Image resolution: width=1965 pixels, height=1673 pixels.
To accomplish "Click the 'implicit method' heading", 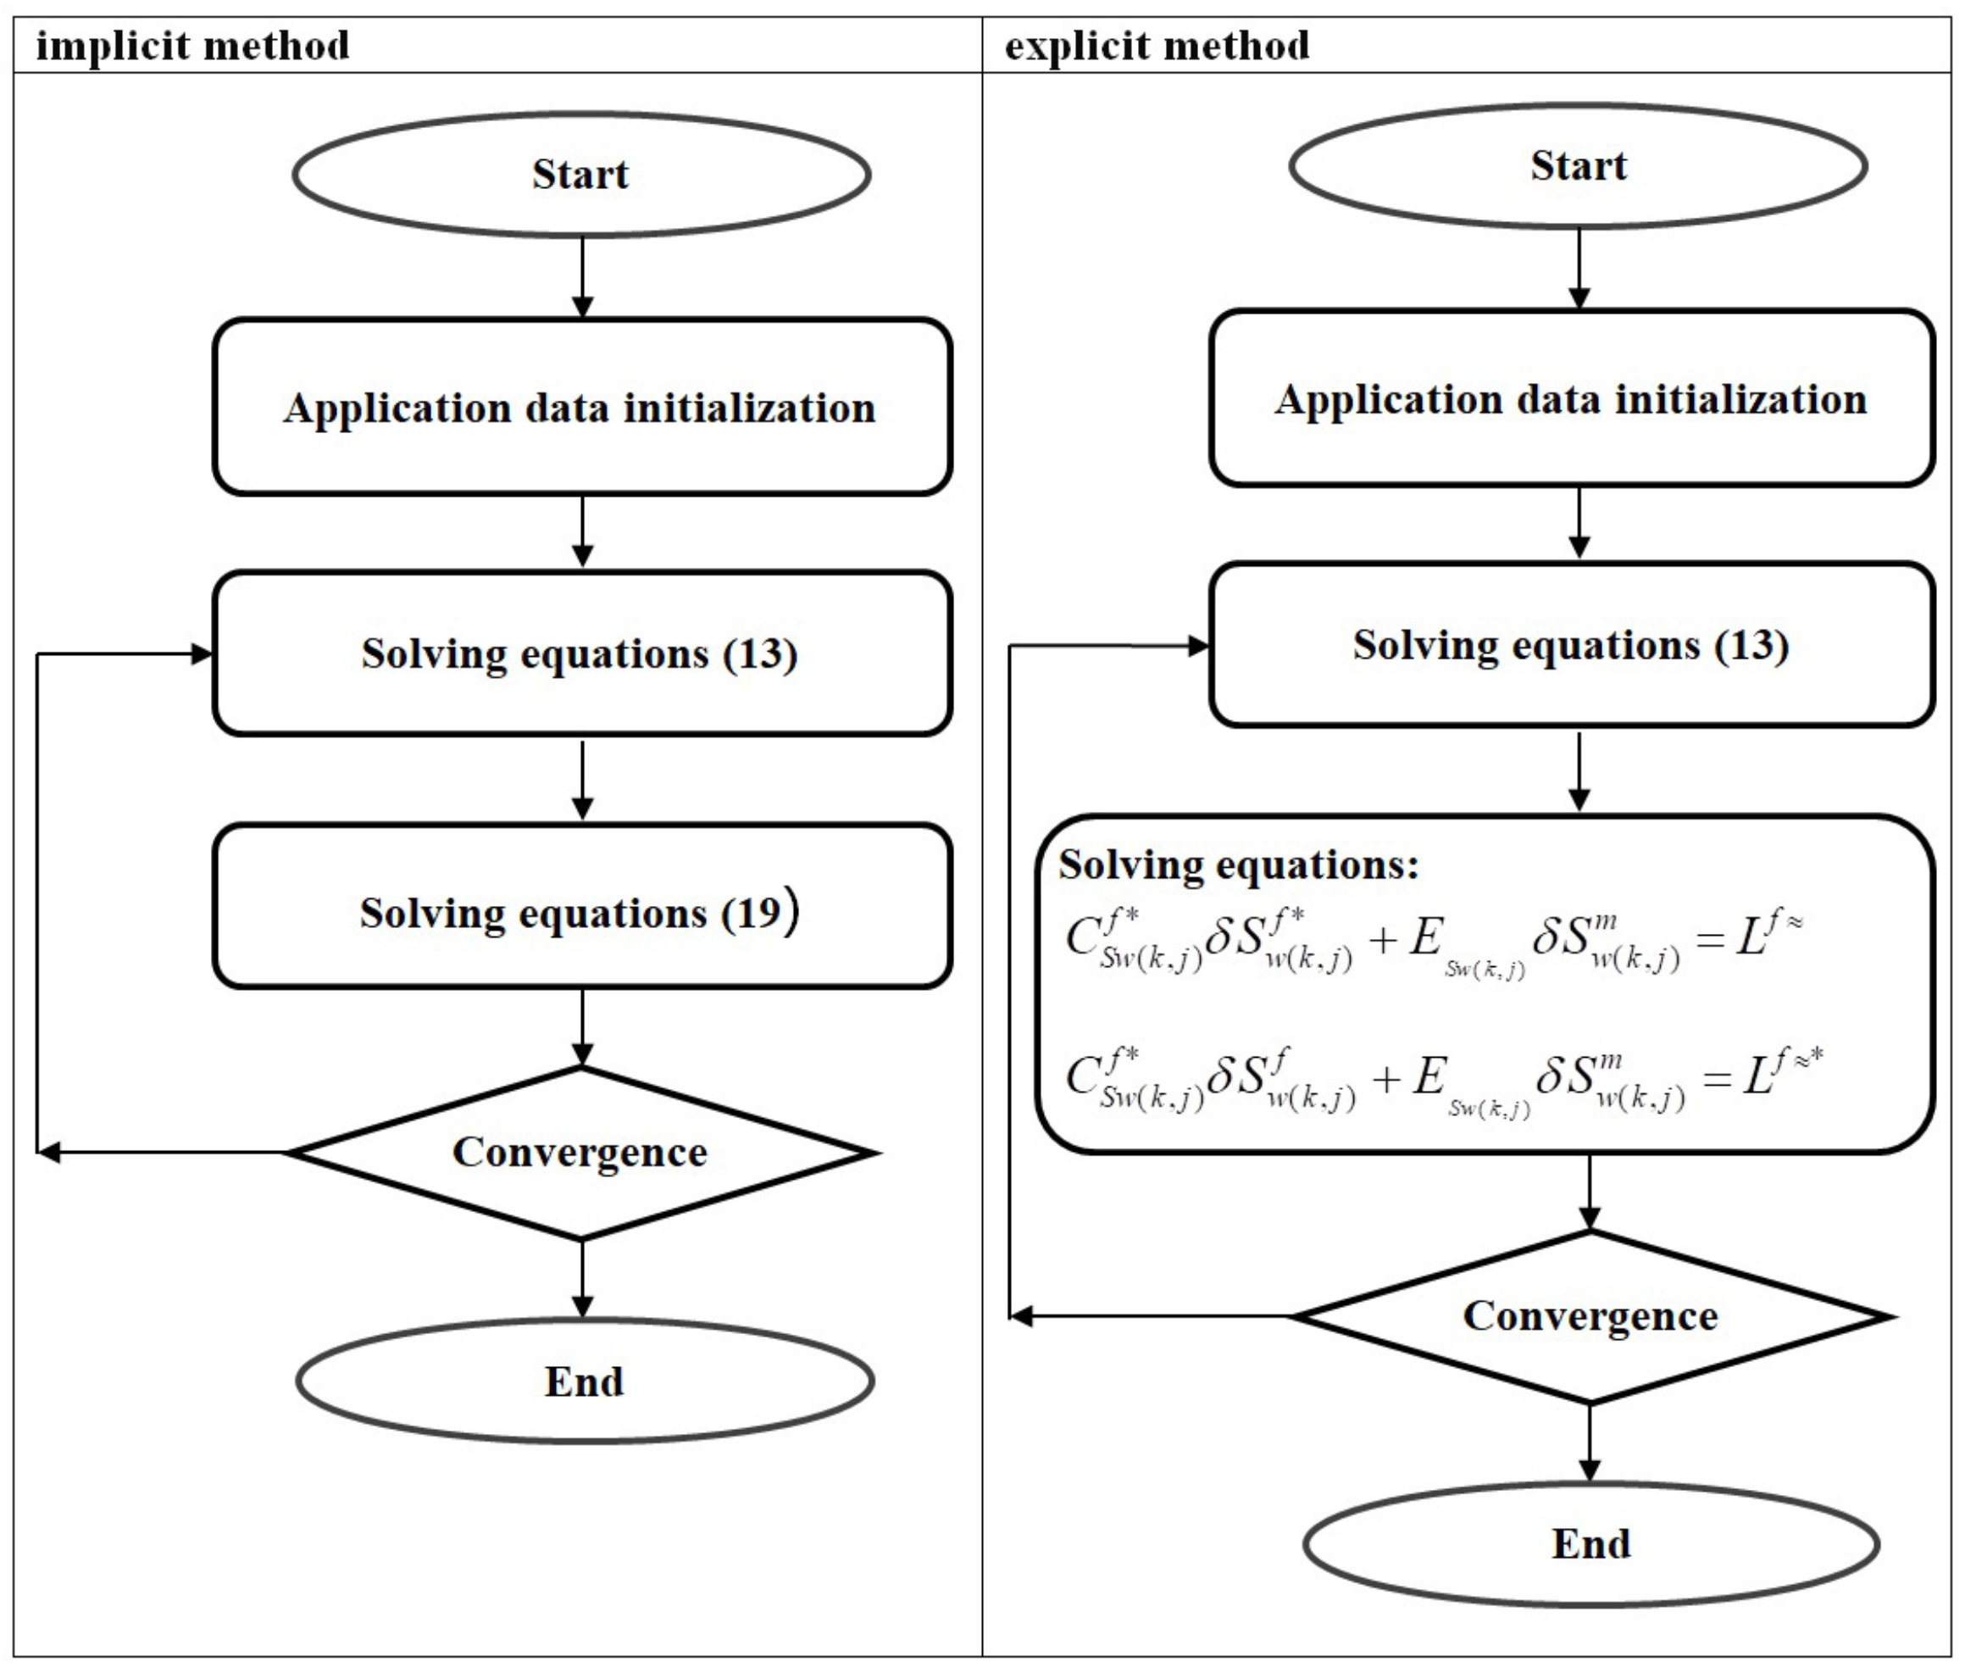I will pos(192,46).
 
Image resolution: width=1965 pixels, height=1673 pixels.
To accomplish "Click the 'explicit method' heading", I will pos(1157,46).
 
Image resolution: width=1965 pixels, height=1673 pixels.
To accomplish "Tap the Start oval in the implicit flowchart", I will pos(580,175).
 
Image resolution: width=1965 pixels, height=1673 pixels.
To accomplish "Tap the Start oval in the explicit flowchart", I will pos(1578,166).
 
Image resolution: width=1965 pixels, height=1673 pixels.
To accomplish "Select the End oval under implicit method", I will pos(584,1381).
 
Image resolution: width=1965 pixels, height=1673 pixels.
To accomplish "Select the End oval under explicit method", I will pos(1590,1543).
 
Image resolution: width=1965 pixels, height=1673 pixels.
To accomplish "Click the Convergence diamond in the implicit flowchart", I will pos(580,1153).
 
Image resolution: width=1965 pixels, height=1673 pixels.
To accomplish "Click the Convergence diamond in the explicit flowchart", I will pos(1590,1315).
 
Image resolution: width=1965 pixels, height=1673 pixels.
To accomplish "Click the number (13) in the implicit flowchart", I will pos(759,654).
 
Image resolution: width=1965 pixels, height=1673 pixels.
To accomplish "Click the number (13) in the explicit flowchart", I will pos(1751,646).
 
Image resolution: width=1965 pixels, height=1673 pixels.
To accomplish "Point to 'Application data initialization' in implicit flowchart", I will pos(580,408).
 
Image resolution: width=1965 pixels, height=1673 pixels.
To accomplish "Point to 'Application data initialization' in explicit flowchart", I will pos(1572,399).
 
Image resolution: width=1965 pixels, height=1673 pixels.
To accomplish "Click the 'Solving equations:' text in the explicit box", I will pos(1238,865).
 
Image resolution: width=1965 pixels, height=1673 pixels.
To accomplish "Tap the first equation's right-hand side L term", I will pos(1768,939).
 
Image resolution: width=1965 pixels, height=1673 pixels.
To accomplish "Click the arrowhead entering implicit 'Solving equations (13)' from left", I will pos(201,653).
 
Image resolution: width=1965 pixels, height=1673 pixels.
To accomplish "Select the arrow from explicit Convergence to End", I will pos(1590,1442).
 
